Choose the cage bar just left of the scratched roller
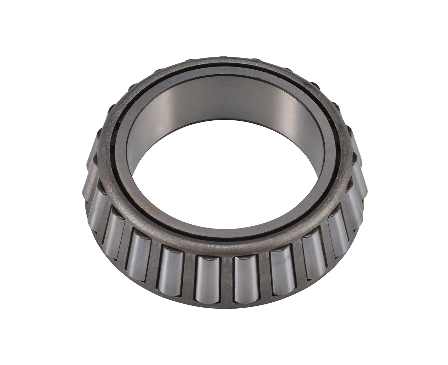point(264,276)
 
